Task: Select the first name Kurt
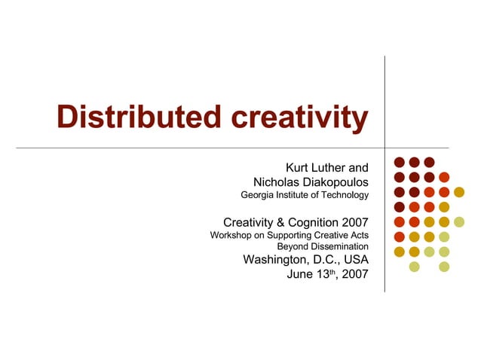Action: pyautogui.click(x=299, y=167)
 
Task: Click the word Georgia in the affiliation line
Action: pyautogui.click(x=257, y=196)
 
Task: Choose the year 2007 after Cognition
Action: pyautogui.click(x=354, y=222)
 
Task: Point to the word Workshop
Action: pyautogui.click(x=231, y=236)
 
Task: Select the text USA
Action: pyautogui.click(x=355, y=260)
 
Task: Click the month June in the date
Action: pyautogui.click(x=301, y=274)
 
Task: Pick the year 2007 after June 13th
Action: pyautogui.click(x=355, y=274)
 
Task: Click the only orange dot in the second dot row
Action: pyautogui.click(x=444, y=177)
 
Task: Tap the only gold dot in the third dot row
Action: pyautogui.click(x=459, y=192)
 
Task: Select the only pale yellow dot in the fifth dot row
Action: pyautogui.click(x=459, y=221)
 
